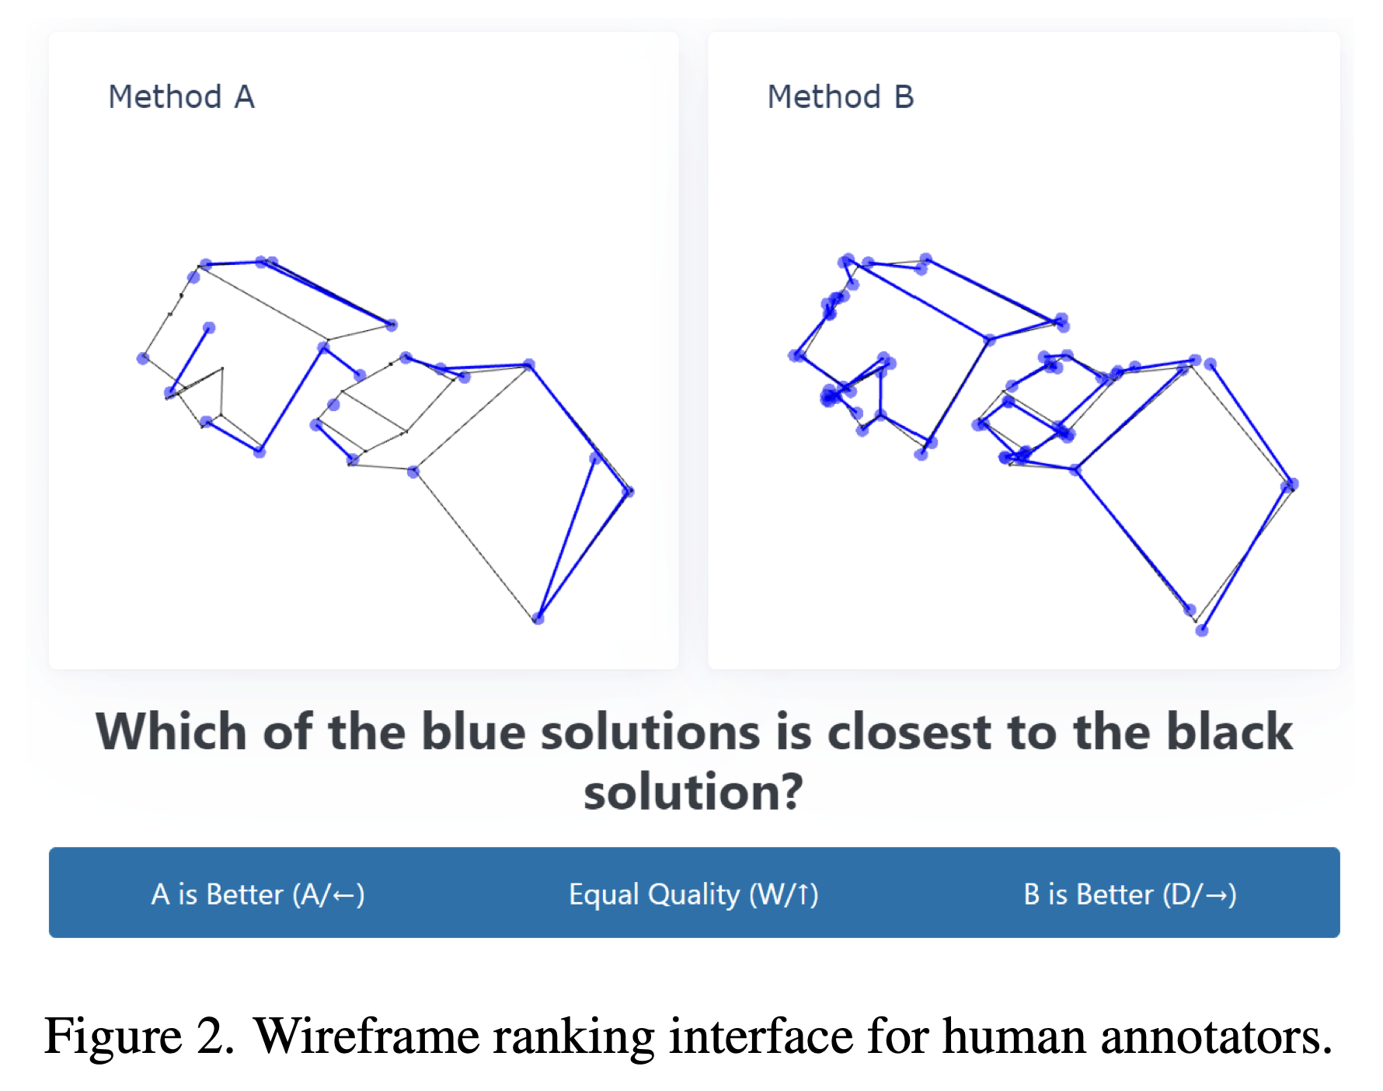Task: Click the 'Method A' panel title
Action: (181, 97)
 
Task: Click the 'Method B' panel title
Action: (841, 97)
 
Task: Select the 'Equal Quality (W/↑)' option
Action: (694, 894)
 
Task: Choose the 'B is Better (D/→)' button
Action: (1130, 894)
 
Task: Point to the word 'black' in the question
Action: (1183, 732)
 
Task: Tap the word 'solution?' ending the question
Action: (693, 792)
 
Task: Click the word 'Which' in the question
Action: (171, 732)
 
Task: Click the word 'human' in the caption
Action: (1013, 1036)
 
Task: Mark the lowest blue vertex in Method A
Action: (538, 619)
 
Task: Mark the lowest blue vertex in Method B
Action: (1201, 630)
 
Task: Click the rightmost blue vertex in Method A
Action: (628, 491)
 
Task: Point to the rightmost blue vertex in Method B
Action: (1291, 485)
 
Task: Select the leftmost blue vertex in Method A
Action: (143, 358)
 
